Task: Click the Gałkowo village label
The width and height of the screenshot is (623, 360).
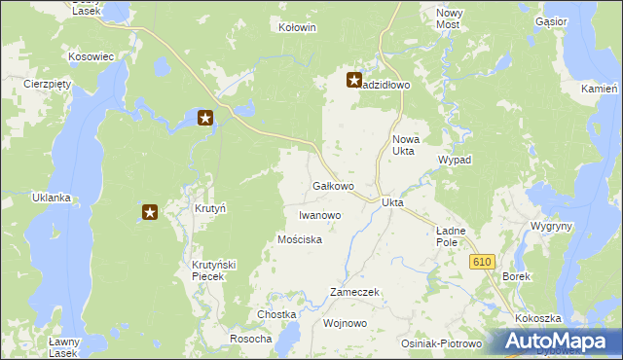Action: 332,185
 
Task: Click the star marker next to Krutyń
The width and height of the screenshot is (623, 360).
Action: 150,211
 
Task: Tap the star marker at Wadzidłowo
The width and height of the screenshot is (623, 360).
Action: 354,81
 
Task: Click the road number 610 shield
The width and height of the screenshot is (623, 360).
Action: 482,263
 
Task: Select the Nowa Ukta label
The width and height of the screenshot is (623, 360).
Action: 404,145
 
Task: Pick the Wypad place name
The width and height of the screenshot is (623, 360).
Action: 455,159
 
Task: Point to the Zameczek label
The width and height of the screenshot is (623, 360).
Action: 354,292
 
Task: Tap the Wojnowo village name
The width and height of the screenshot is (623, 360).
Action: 345,322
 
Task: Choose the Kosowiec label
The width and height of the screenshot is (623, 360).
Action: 92,57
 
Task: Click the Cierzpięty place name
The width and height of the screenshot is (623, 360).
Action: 49,84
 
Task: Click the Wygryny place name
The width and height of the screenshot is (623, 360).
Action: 551,226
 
